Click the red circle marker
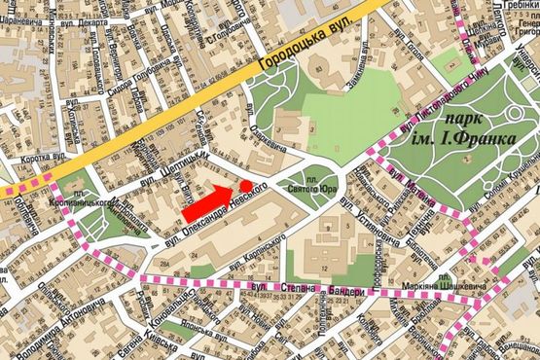tap(246, 185)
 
